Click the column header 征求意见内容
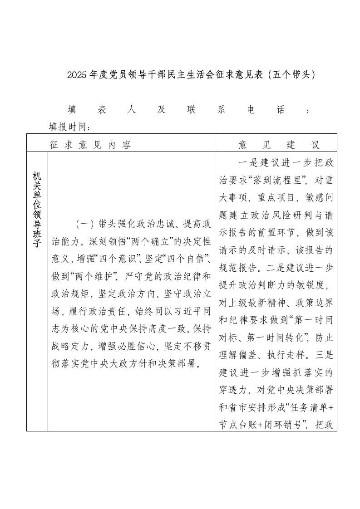pos(90,145)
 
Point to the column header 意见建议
pos(279,145)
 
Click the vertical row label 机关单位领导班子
pos(37,210)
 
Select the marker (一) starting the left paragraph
pos(85,224)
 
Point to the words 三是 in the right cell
pos(325,355)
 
